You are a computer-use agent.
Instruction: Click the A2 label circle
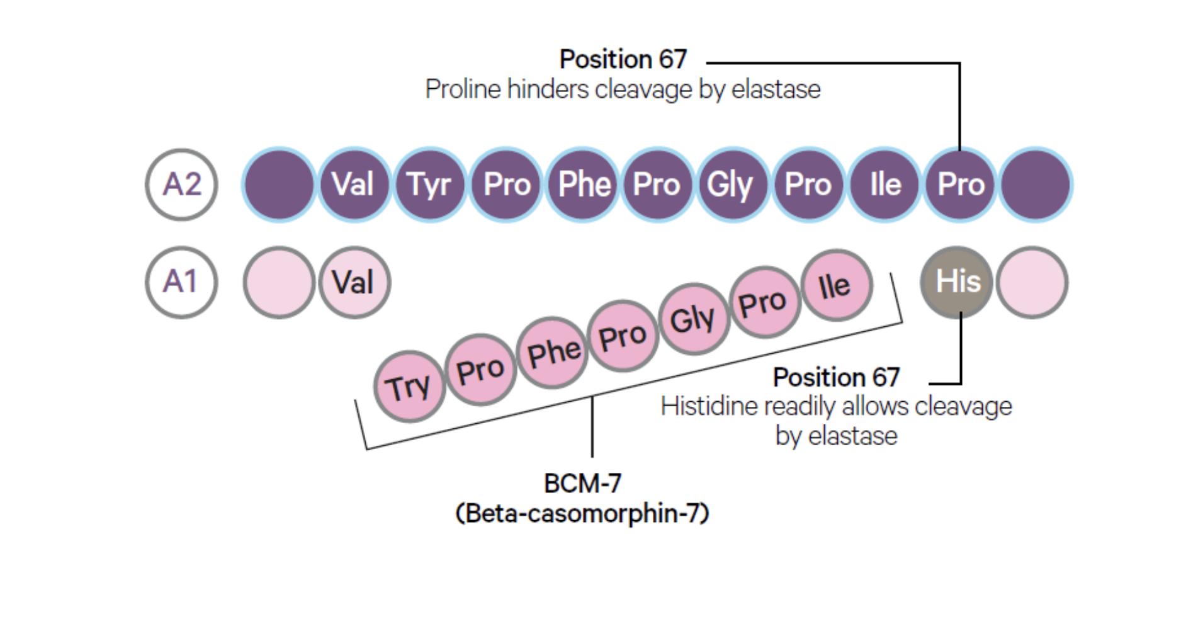(x=182, y=185)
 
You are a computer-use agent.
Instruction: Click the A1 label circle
(x=182, y=281)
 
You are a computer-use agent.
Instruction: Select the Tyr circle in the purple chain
(x=430, y=185)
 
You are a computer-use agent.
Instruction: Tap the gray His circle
(x=958, y=281)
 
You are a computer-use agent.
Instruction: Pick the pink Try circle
(x=409, y=386)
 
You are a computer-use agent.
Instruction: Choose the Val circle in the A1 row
(x=354, y=281)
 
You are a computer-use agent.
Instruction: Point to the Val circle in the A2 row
(x=354, y=185)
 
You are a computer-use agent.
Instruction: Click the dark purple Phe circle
(x=583, y=185)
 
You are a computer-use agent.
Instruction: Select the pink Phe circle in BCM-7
(x=553, y=352)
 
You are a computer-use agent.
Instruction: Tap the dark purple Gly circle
(x=732, y=185)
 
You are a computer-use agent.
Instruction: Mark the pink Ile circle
(x=837, y=285)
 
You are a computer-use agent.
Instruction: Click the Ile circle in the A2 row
(x=884, y=185)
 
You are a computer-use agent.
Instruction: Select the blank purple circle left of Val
(x=279, y=185)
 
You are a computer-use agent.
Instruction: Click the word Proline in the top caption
(x=463, y=89)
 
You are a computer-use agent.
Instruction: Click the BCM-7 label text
(x=582, y=484)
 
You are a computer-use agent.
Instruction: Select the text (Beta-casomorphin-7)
(x=582, y=513)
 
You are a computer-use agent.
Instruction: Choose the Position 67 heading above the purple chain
(x=623, y=59)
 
